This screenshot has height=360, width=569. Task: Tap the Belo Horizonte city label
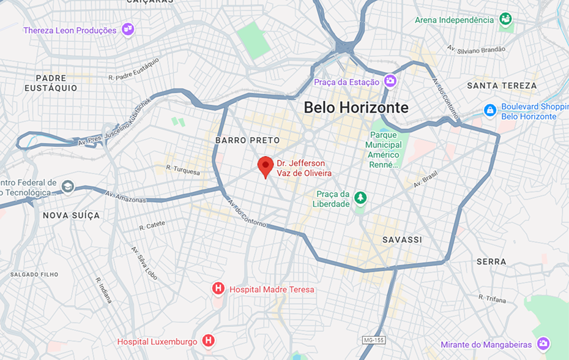point(356,108)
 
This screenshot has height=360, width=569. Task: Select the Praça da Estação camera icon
point(390,81)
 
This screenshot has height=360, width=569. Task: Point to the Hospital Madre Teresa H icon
point(218,288)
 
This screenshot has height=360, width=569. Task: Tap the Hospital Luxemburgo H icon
point(209,340)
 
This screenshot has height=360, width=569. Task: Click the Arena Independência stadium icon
point(505,20)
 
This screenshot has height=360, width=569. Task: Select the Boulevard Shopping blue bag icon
point(489,111)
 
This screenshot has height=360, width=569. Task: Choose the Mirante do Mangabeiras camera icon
point(543,344)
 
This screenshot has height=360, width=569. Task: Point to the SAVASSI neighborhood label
point(402,239)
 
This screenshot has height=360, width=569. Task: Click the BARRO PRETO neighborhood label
point(247,140)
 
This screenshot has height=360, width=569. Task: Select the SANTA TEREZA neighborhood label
point(502,86)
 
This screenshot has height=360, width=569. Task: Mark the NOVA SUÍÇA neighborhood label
point(71,216)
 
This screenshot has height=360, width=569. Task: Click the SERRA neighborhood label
point(491,261)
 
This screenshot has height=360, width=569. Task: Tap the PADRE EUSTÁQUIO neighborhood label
point(51,83)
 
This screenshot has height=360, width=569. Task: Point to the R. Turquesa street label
point(183,170)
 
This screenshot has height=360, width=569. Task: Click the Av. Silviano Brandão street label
point(476,49)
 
